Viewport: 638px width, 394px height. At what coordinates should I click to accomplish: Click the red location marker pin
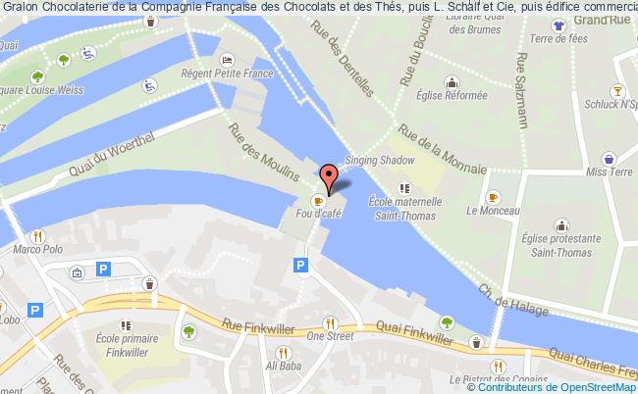tap(330, 174)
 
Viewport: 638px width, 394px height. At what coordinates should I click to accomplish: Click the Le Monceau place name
tap(486, 210)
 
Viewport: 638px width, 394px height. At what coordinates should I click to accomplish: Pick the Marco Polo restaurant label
tap(33, 250)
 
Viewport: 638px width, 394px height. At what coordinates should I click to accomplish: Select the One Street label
tap(329, 335)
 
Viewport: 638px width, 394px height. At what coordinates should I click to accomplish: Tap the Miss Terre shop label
tap(607, 172)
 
